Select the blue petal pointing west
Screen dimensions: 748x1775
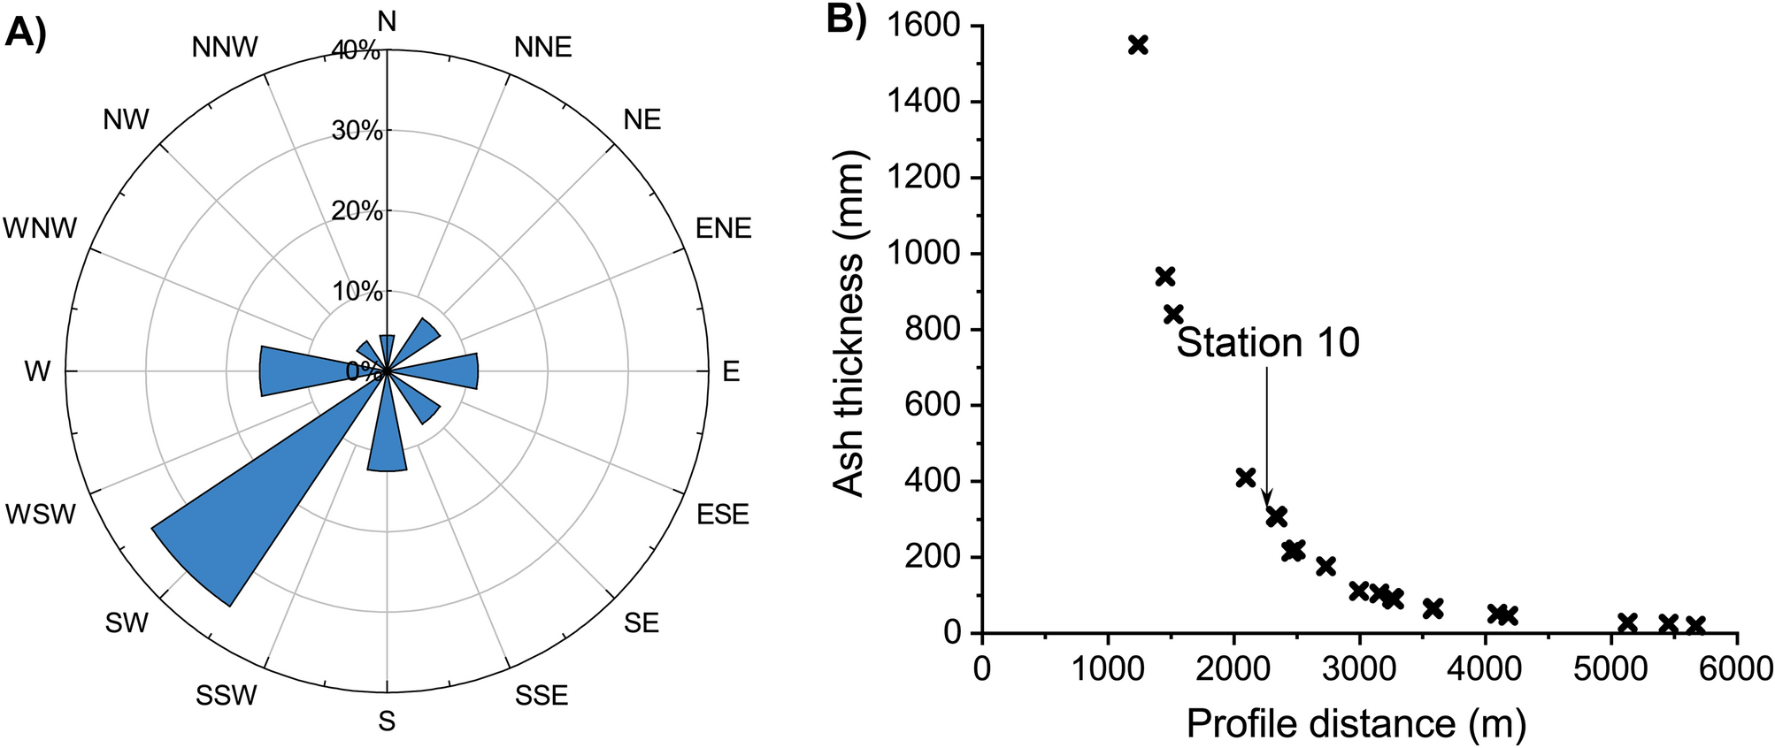pos(296,371)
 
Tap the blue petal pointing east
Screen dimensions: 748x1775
pos(447,371)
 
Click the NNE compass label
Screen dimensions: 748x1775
pos(542,47)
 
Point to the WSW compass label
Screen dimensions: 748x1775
pos(41,514)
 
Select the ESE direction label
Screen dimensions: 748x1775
pos(723,514)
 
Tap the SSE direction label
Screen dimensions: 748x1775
pos(542,696)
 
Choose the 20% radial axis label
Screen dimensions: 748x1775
pos(357,211)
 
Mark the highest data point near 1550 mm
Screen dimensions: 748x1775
pos(1138,45)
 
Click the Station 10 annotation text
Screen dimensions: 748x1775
pos(1267,343)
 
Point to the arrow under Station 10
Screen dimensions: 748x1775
pos(1267,433)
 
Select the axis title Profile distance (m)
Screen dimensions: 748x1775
pos(1356,724)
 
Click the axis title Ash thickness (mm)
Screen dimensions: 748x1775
pos(849,324)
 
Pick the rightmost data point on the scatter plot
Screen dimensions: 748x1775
pos(1695,625)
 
